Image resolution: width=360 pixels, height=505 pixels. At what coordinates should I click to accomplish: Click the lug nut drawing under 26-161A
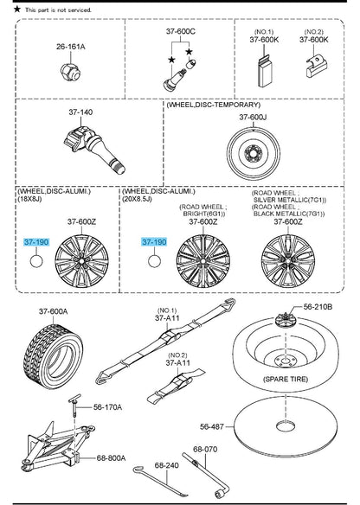70,72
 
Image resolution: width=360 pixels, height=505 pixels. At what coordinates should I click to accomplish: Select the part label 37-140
80,112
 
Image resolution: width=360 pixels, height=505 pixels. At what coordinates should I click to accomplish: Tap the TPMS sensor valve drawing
93,149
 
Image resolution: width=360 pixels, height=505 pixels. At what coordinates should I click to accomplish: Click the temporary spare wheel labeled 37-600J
253,153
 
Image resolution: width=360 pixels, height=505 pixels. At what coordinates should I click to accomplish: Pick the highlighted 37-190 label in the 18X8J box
36,242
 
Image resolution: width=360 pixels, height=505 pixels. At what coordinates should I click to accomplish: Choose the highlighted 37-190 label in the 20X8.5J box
154,242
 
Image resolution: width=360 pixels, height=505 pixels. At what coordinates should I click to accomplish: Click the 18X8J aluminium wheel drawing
81,260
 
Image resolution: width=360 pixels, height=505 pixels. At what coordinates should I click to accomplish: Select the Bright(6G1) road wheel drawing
203,261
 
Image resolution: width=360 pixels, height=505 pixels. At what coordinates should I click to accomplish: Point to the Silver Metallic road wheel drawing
288,261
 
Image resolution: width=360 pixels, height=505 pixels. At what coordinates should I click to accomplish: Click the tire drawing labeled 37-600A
54,356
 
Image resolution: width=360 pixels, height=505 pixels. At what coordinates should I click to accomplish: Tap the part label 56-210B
318,307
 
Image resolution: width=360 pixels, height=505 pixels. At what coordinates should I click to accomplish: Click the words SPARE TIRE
286,379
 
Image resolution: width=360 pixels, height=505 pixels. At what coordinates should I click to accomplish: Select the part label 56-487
212,426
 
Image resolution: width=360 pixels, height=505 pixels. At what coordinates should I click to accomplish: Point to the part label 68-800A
111,457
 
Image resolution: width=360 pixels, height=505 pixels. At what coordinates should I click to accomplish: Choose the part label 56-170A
107,407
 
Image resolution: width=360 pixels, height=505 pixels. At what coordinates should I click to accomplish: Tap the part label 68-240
167,465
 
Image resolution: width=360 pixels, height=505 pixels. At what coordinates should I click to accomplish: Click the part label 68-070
205,449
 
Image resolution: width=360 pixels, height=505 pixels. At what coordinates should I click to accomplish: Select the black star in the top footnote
17,9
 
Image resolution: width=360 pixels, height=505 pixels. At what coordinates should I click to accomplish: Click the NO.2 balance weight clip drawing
316,67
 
